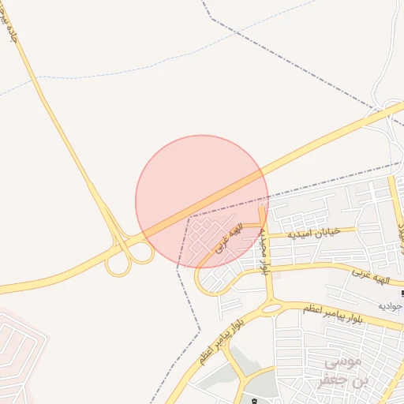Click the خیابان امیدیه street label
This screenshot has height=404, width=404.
point(315,234)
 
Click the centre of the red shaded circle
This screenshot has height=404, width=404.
point(202,202)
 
